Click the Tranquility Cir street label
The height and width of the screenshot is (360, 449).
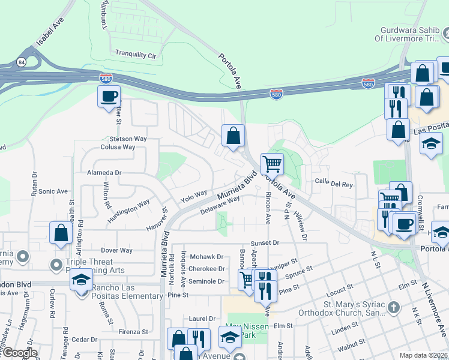coord(136,54)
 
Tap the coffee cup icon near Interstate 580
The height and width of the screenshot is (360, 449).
coord(109,97)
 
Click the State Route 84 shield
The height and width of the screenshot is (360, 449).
coord(22,62)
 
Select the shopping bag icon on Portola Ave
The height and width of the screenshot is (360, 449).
coord(233,136)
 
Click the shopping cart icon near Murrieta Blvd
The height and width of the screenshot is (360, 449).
coord(272,163)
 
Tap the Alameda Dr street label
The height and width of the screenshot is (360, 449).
coord(105,172)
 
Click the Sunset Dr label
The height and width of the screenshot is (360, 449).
coord(265,242)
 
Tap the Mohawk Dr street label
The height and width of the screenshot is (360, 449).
coord(206,256)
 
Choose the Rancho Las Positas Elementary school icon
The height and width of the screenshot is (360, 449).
coord(80,280)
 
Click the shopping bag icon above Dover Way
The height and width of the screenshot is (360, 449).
coord(61,233)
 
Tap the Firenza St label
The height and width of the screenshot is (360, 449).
coord(133,331)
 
